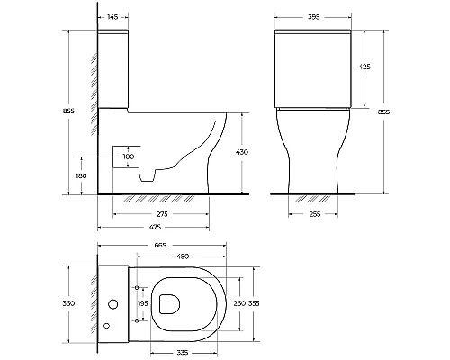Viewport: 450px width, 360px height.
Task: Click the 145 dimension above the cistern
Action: point(112,17)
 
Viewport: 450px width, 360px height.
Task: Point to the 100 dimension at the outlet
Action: point(129,157)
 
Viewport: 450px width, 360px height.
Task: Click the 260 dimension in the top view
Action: point(239,303)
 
